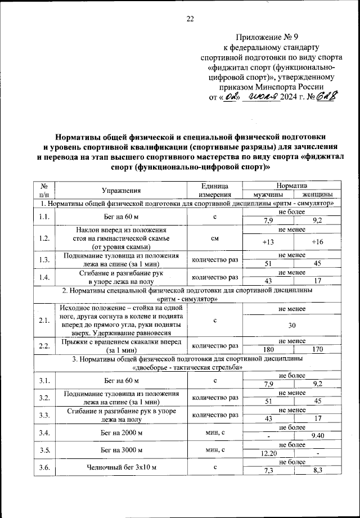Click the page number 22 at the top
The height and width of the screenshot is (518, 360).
(x=190, y=19)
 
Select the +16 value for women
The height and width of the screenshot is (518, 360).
(x=318, y=241)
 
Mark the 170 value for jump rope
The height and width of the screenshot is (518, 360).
(x=318, y=349)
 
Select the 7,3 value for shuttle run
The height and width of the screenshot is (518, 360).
(x=272, y=471)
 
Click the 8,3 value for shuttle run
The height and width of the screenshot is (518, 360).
(x=318, y=471)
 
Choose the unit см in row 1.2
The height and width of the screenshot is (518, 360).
(x=215, y=238)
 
